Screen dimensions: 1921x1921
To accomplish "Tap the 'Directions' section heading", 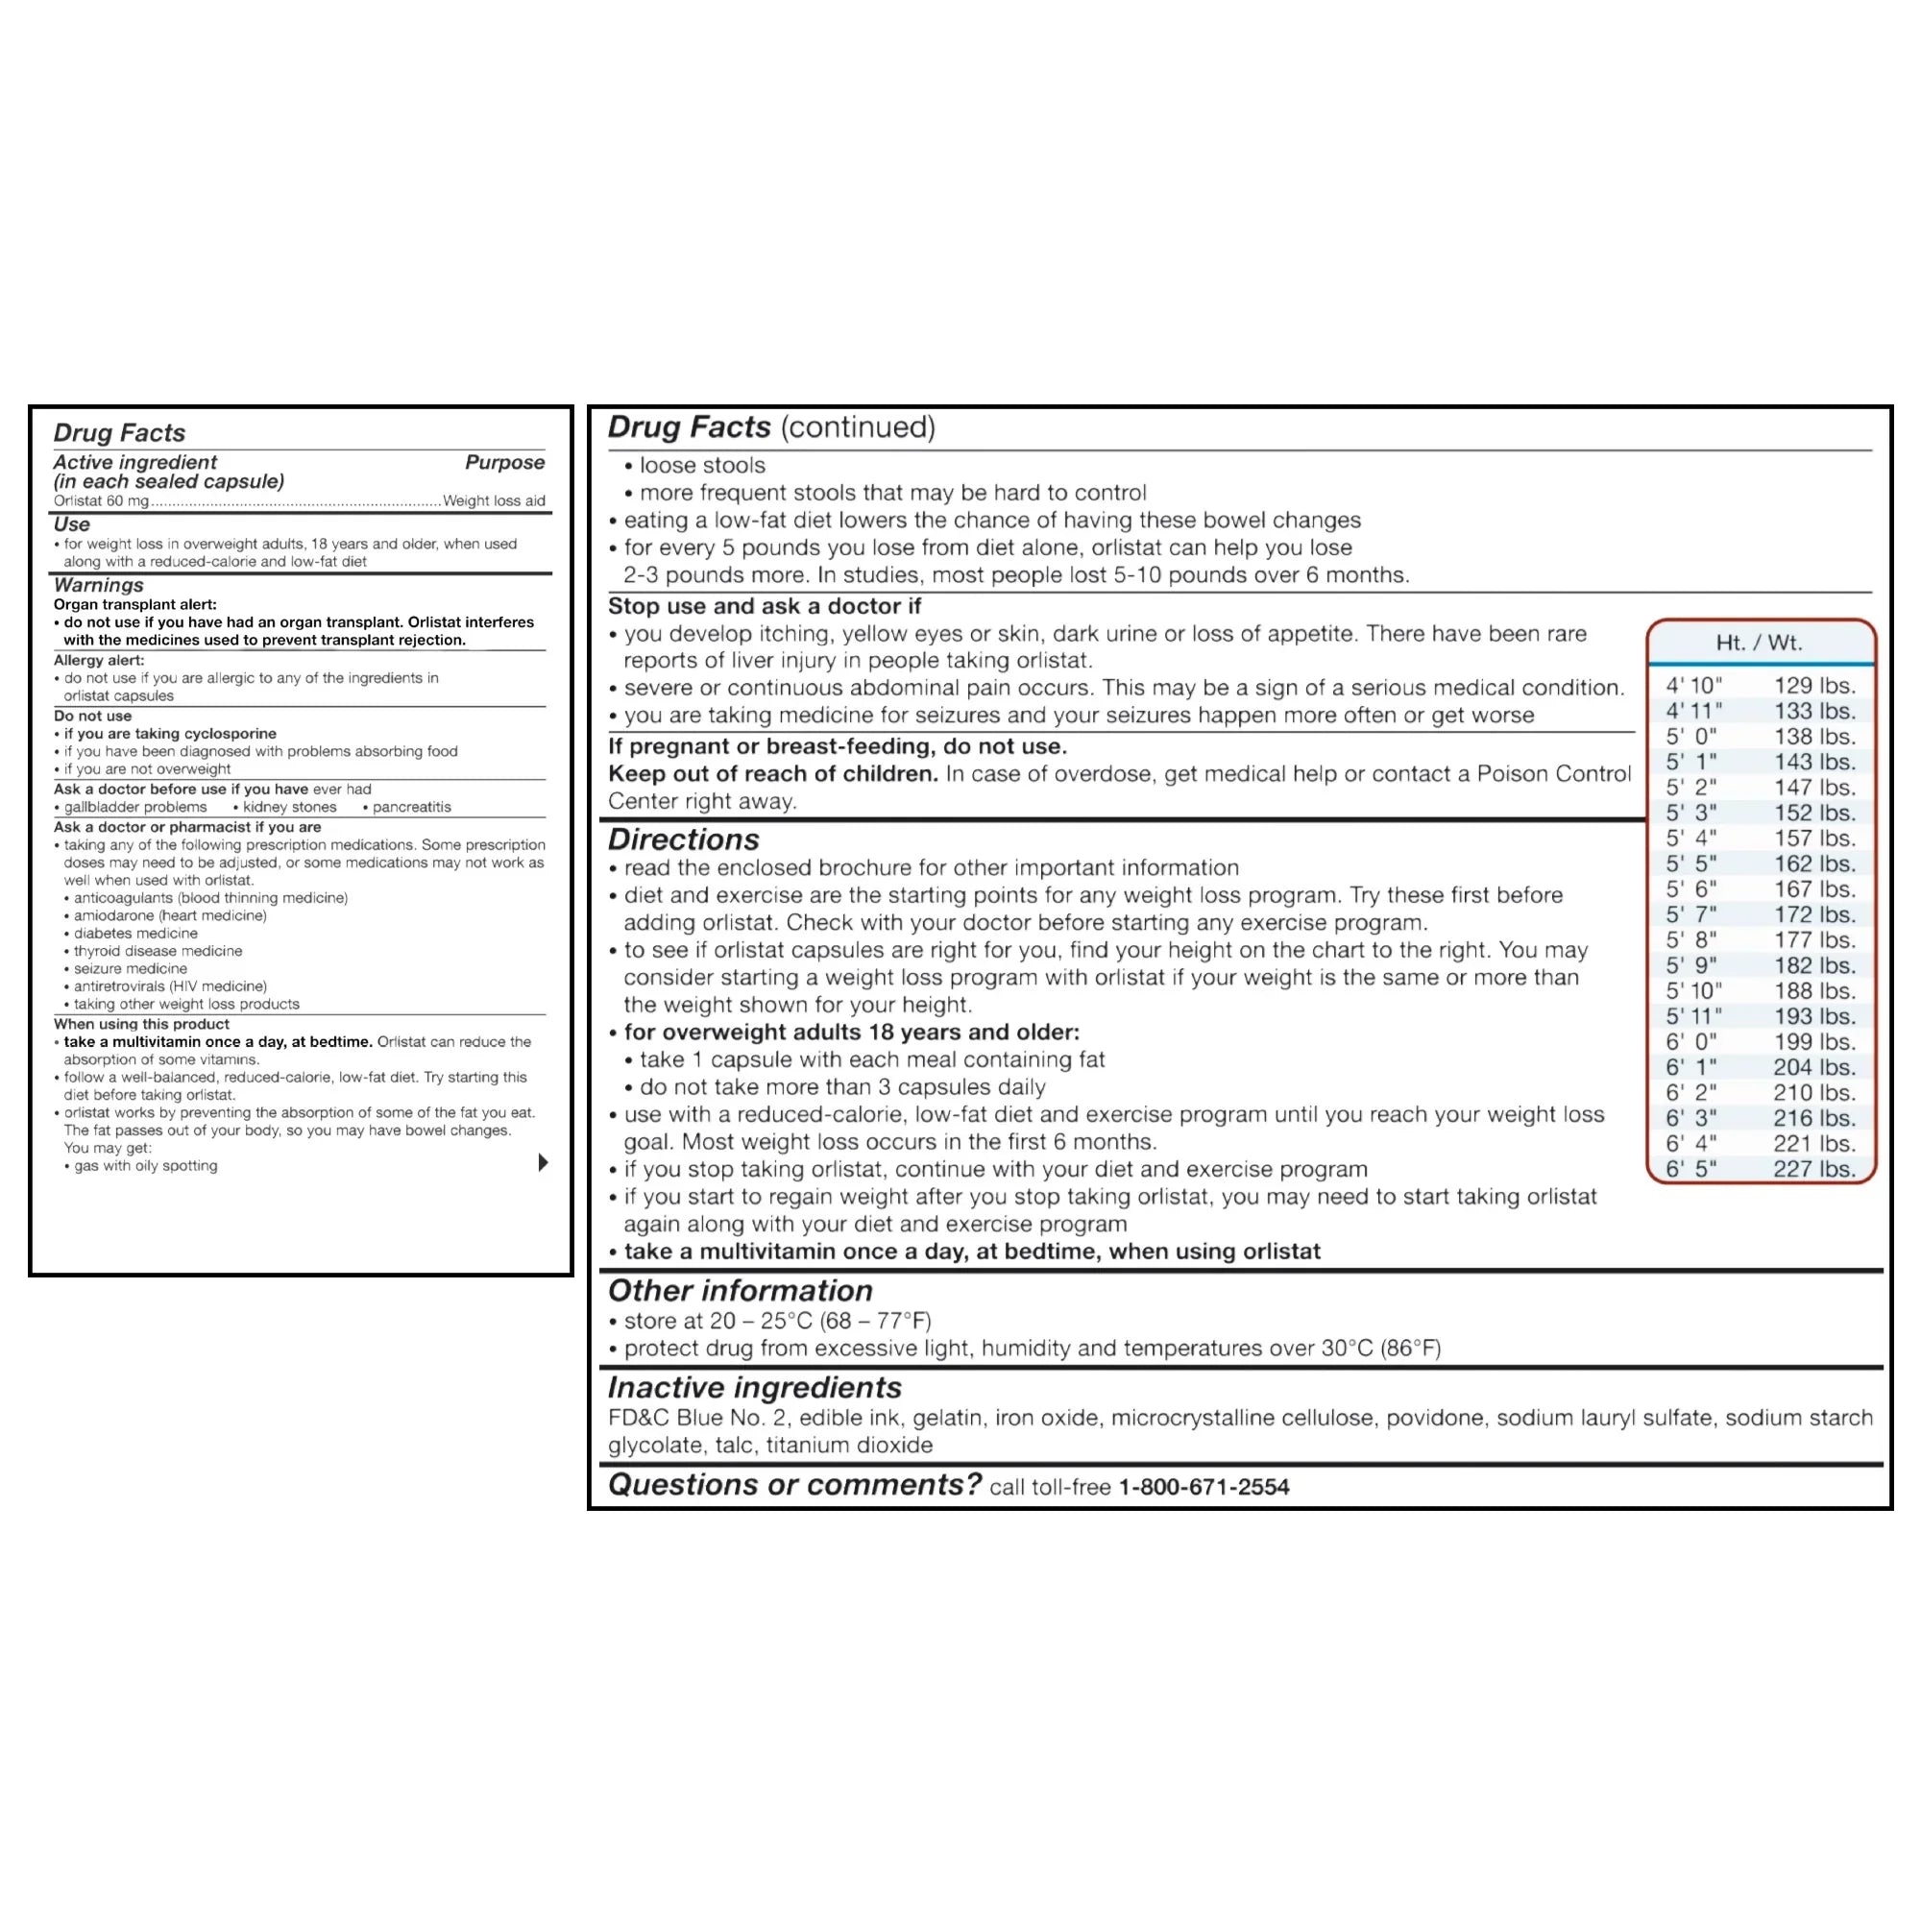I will [x=683, y=839].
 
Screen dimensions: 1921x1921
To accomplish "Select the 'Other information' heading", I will [x=740, y=1291].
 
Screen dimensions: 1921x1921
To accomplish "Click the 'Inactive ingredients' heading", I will [x=755, y=1387].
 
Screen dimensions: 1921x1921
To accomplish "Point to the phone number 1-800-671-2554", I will [x=1204, y=1487].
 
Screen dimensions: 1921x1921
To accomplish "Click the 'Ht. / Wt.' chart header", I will [x=1759, y=643].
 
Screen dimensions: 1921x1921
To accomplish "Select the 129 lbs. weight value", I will [x=1814, y=685].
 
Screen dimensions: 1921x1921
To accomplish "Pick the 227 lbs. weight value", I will [x=1814, y=1169].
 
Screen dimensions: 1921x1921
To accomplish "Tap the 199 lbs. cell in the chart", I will [x=1814, y=1042].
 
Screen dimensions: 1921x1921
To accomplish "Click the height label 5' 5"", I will [x=1691, y=864].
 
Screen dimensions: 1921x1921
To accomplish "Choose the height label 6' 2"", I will [x=1691, y=1093].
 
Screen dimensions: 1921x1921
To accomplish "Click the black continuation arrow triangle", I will [x=543, y=1162].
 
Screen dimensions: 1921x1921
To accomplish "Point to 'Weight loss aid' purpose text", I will [x=494, y=501].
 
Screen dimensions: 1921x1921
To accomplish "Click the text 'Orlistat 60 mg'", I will [x=101, y=501].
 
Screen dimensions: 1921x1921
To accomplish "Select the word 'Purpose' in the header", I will [x=504, y=462].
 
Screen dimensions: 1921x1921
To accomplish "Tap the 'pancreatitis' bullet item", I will [x=412, y=808].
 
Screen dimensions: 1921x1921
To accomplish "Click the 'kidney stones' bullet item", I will [x=289, y=808].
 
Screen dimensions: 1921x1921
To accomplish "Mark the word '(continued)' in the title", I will [x=858, y=427].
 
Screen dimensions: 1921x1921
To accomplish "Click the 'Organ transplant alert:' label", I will [x=135, y=604].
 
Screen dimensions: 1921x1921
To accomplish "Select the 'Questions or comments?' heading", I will [x=793, y=1485].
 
